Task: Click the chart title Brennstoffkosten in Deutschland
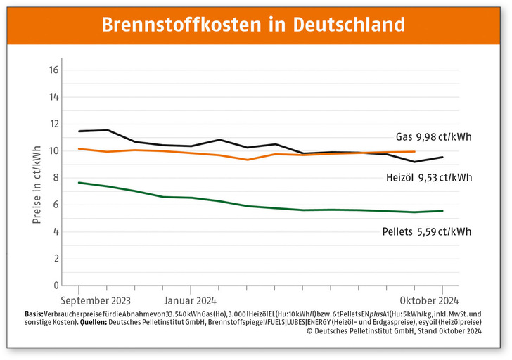(x=254, y=24)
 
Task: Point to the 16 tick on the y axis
(x=53, y=70)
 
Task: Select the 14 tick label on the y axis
(x=53, y=97)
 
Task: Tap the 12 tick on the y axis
(x=53, y=124)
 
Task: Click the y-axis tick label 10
(x=53, y=151)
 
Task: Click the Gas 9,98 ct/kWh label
(x=432, y=136)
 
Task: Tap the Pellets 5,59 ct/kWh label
(x=427, y=231)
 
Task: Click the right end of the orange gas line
(x=414, y=151)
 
